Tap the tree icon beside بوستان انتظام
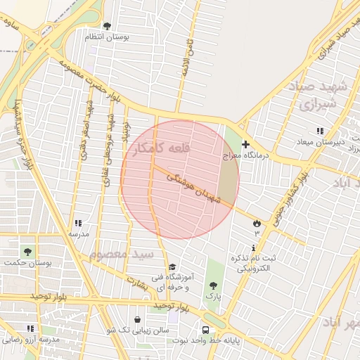107,27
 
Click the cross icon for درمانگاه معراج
245,144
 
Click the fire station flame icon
257,223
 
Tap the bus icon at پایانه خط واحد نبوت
205,330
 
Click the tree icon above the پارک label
213,285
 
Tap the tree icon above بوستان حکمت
27,251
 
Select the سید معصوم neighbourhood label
121,253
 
